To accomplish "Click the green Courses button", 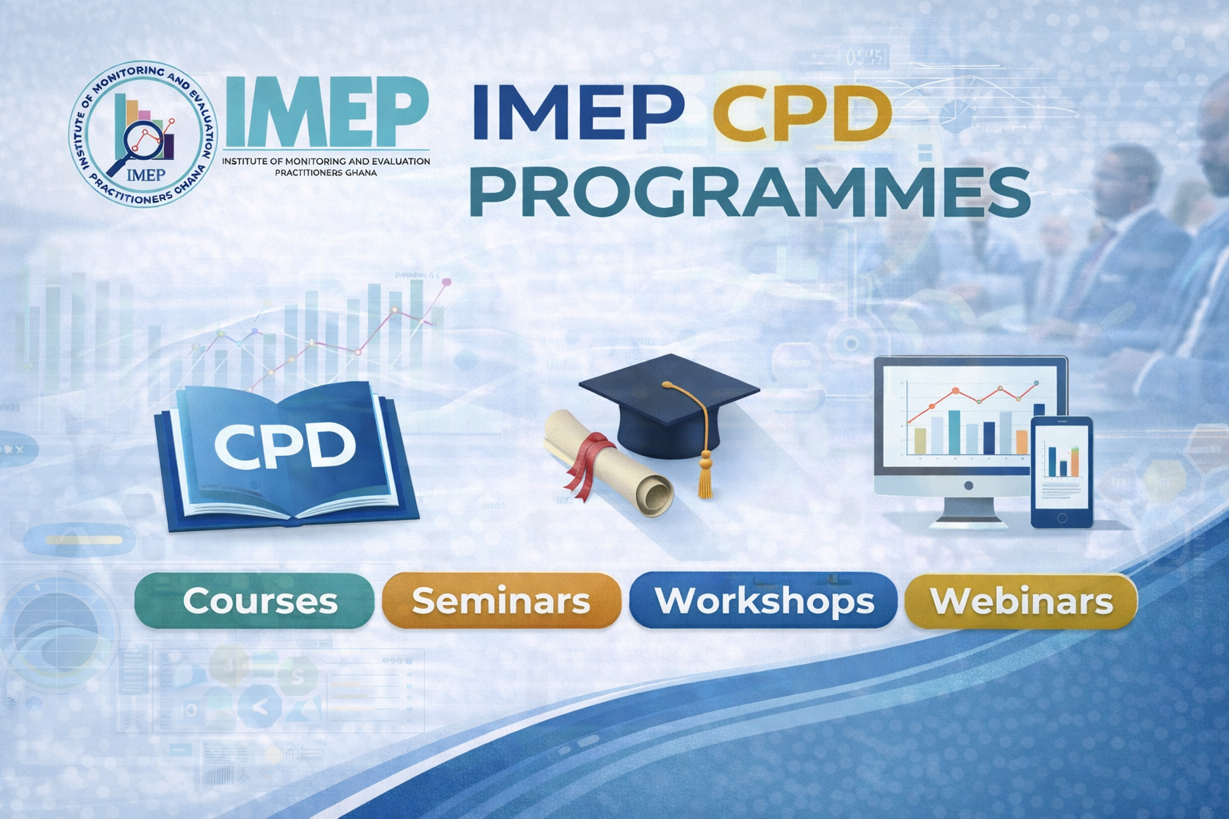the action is pyautogui.click(x=254, y=601).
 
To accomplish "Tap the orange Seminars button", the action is pyautogui.click(x=502, y=601).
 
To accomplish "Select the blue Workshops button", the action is pyautogui.click(x=763, y=601).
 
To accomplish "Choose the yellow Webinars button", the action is pyautogui.click(x=1021, y=601).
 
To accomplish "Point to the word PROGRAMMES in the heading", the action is pyautogui.click(x=750, y=193).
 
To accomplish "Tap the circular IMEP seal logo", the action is pyautogui.click(x=143, y=134).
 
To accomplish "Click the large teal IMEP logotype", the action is pyautogui.click(x=326, y=111).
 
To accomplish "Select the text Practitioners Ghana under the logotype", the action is pyautogui.click(x=326, y=173).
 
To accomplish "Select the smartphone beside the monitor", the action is pyautogui.click(x=1062, y=473).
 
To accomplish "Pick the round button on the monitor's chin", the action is pyautogui.click(x=968, y=485).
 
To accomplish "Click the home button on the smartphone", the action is pyautogui.click(x=1061, y=517).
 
